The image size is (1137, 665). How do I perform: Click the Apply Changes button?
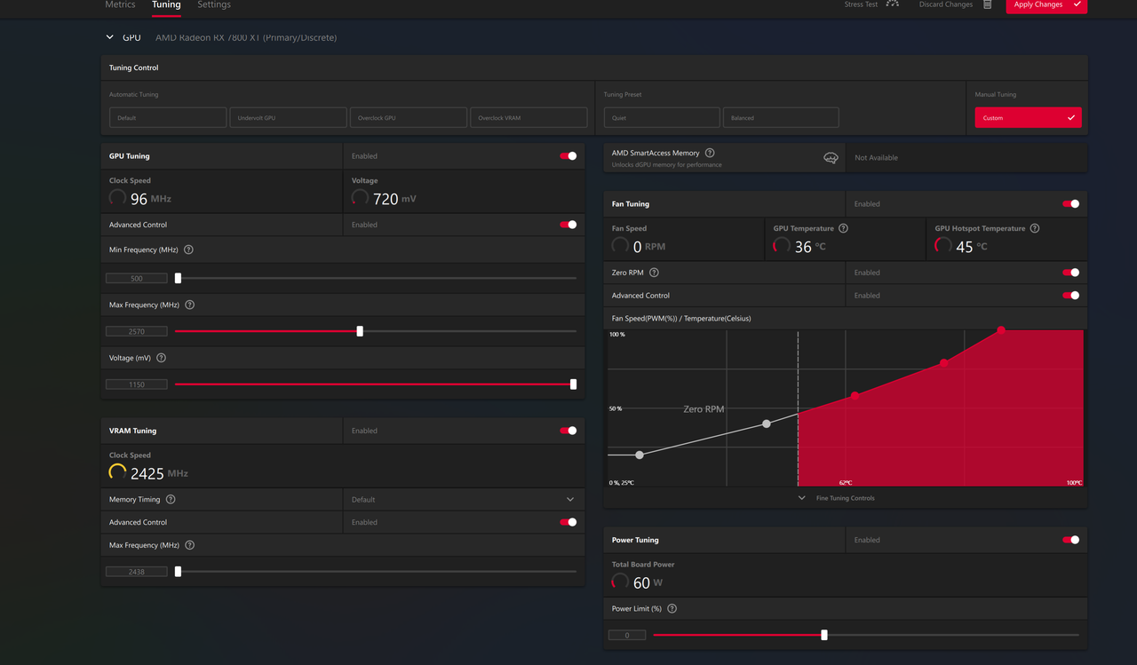point(1046,5)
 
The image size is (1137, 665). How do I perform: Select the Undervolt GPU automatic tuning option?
point(288,117)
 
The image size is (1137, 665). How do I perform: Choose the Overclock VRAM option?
point(529,117)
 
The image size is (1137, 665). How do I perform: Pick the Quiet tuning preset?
point(662,117)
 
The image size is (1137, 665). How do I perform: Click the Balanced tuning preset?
point(781,117)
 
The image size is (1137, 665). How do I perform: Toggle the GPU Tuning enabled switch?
point(568,156)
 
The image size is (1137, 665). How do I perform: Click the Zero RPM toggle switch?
point(1070,273)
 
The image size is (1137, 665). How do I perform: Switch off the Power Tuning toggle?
point(1070,540)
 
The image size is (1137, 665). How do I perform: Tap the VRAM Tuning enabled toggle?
point(568,431)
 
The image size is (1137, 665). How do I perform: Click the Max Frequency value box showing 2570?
point(137,331)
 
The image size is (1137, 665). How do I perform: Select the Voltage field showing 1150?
point(137,384)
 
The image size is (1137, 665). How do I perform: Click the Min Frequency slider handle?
point(178,278)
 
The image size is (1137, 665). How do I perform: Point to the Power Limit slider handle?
point(824,635)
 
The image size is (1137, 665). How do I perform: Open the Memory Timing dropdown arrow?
point(570,500)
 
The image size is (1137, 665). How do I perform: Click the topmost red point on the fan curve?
point(1001,330)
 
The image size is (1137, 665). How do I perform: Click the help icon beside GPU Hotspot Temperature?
point(1035,228)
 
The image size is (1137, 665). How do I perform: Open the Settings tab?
point(214,5)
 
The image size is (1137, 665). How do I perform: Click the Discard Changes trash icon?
point(987,4)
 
